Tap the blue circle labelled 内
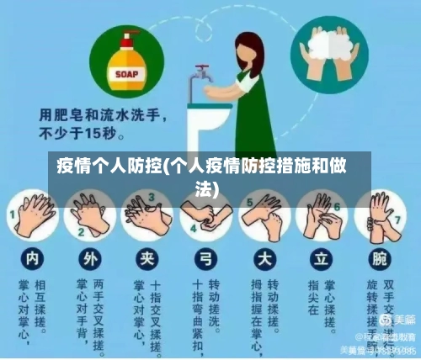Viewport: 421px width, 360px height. click(x=32, y=255)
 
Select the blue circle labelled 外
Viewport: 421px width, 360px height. click(x=89, y=255)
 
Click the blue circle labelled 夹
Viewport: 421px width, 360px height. click(x=147, y=255)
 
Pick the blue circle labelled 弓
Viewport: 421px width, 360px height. click(x=205, y=255)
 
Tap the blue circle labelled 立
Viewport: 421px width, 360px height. click(x=321, y=255)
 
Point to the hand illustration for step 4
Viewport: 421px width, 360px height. click(x=206, y=214)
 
